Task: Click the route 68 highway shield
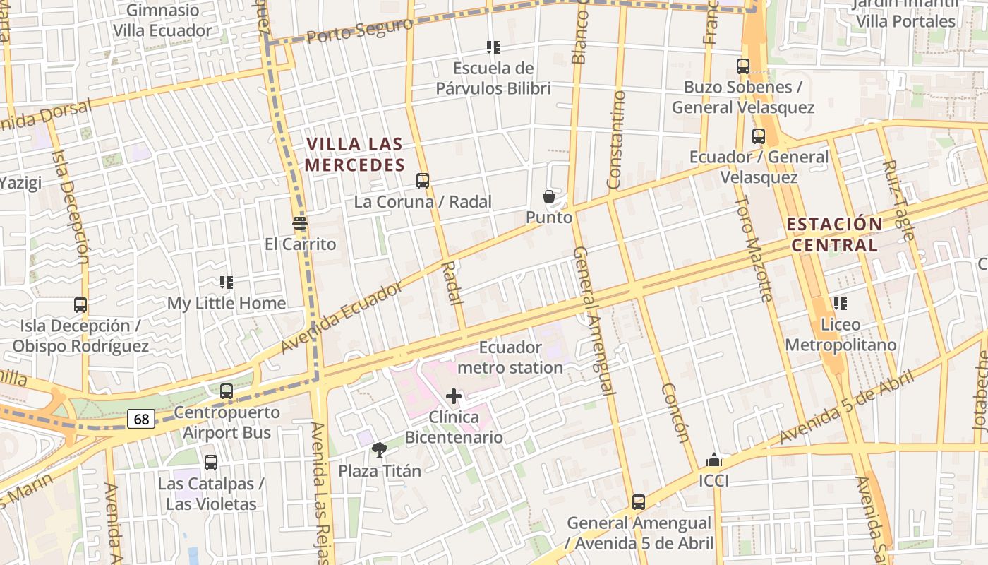[142, 420]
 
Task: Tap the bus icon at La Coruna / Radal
[423, 181]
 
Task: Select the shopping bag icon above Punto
[548, 196]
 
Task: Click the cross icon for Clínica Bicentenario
[454, 396]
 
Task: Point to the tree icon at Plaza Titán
[380, 450]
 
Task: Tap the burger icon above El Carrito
[300, 224]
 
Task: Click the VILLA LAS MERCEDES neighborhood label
[355, 155]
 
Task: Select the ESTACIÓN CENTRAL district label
[833, 235]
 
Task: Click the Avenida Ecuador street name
[341, 317]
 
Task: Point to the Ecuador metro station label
[510, 357]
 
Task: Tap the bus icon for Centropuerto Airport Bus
[227, 391]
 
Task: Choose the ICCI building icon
[713, 460]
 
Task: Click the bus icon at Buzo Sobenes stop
[743, 66]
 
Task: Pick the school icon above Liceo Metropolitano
[840, 304]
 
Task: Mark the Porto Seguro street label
[360, 31]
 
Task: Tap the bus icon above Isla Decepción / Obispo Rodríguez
[80, 305]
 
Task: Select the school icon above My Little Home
[227, 282]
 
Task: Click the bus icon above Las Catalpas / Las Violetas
[211, 463]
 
